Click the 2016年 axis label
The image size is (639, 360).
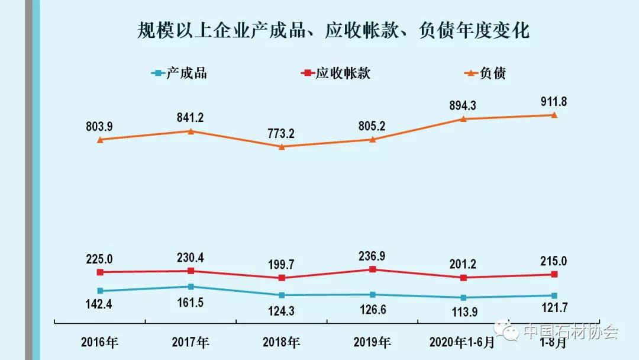(100, 342)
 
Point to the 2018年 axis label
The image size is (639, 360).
(282, 342)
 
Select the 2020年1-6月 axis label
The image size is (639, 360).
(462, 342)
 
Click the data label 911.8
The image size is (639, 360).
(554, 102)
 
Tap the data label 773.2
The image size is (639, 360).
(282, 133)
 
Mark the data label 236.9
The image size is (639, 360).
(373, 256)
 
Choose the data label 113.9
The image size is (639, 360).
(463, 312)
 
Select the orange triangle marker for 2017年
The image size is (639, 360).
(191, 131)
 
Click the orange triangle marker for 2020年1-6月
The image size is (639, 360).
(464, 119)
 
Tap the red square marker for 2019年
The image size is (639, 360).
(373, 269)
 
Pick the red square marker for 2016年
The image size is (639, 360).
(100, 272)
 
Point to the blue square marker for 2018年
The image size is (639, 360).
(282, 295)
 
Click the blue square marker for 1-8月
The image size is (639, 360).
(554, 295)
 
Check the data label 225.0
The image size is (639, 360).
(100, 259)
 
